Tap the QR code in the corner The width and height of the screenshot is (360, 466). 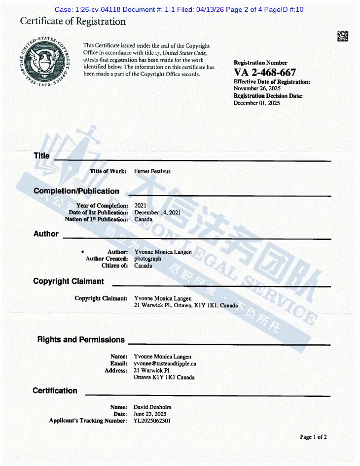coord(342,36)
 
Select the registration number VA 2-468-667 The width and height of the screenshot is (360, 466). coord(265,73)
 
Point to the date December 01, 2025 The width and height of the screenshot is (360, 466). coord(256,103)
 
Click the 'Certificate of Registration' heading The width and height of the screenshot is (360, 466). coord(73,21)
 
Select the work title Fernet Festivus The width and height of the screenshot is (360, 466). coord(152,171)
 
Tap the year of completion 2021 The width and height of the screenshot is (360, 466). coord(140,205)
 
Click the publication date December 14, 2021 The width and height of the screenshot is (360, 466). coord(157,212)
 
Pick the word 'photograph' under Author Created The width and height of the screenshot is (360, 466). coord(147,259)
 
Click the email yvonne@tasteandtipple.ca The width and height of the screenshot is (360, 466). coord(165,364)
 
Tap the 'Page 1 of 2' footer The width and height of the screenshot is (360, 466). coord(313,437)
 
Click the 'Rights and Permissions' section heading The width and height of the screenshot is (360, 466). coord(81,340)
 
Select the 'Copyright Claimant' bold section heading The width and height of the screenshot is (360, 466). coord(69,281)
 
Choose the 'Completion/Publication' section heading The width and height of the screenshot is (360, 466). coord(76,191)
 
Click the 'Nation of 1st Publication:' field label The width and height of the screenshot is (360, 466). coord(97,219)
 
